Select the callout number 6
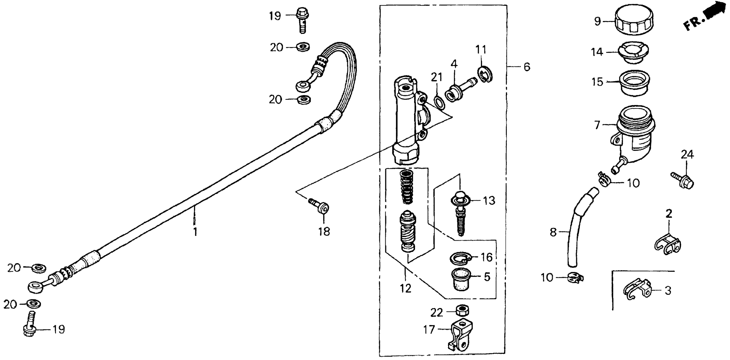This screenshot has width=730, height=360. click(527, 67)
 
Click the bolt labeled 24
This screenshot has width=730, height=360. click(683, 182)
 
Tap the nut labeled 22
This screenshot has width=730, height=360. click(462, 310)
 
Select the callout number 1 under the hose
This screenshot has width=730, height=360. click(195, 232)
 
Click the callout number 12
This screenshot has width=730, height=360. click(405, 289)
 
